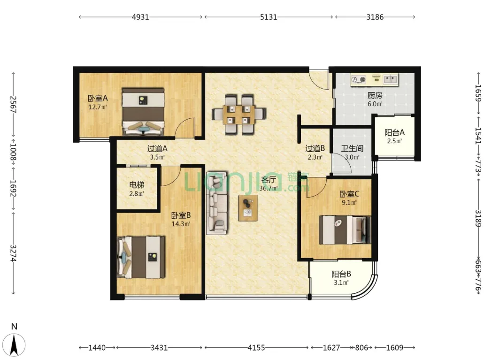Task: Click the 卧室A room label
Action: coord(98,99)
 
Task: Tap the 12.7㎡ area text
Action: coord(98,107)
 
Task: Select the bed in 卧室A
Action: coord(143,112)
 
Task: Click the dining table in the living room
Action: coord(239,115)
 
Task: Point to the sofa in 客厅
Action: coord(217,203)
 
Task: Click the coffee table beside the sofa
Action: coord(248,208)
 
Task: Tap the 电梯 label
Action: coord(137,185)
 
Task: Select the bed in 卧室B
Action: coord(141,257)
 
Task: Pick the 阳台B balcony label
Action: coord(341,275)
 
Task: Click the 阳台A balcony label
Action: coord(394,133)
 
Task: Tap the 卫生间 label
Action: coord(352,148)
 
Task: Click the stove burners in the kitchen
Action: coord(359,80)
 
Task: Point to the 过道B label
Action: coord(315,148)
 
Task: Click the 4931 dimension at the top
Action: coord(140,17)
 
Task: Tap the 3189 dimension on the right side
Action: coord(478,218)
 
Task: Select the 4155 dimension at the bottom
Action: coord(256,347)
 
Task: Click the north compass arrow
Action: coord(14,345)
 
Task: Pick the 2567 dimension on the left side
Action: coord(13,104)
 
